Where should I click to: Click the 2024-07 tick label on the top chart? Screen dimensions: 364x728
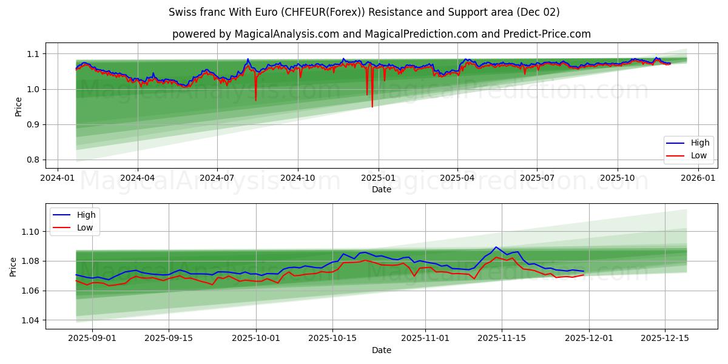tap(217, 178)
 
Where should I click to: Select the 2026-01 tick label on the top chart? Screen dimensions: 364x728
tap(698, 178)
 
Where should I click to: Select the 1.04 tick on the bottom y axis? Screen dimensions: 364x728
tap(30, 320)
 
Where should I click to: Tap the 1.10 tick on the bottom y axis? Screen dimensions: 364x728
tap(30, 232)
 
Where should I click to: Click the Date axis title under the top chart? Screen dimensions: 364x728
tap(382, 189)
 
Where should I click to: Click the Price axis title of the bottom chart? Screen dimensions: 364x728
tap(13, 266)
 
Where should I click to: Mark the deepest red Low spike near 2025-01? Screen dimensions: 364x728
tap(372, 106)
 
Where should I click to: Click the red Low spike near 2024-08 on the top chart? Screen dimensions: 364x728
tap(255, 99)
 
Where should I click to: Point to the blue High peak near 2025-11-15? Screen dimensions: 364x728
tap(496, 247)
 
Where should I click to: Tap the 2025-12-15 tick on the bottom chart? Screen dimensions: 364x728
tap(665, 339)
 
